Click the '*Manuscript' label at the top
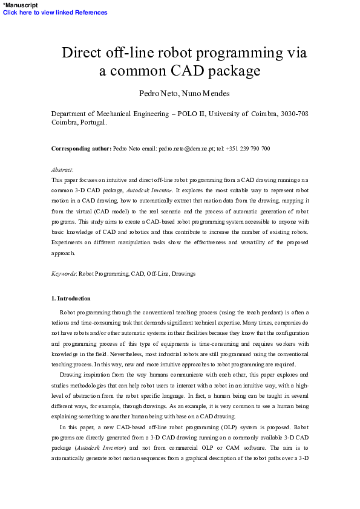point(20,5)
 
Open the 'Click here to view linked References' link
point(55,12)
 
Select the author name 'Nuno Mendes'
point(203,94)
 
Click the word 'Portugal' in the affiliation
point(90,122)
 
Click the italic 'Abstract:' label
point(62,170)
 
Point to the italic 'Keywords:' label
point(64,274)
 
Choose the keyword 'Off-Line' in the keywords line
point(157,274)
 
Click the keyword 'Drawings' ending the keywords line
point(183,274)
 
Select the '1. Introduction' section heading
point(71,299)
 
